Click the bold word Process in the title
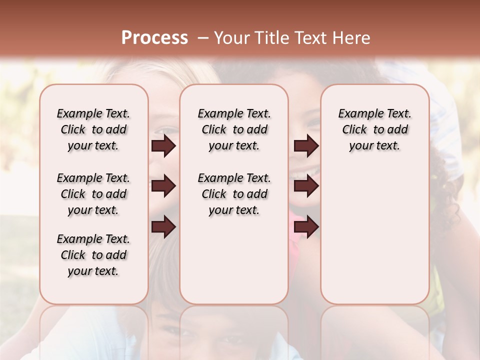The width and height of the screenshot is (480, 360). [x=154, y=38]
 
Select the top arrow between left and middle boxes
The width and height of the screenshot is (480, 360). [x=163, y=146]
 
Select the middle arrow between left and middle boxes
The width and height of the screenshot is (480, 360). [x=163, y=186]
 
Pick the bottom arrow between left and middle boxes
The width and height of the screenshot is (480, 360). [x=163, y=227]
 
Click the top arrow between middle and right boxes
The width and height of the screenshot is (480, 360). [x=306, y=146]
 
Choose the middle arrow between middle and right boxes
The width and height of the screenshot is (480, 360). [x=306, y=186]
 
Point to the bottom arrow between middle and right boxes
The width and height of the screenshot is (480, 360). [x=306, y=227]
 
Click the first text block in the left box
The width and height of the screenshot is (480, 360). [x=93, y=129]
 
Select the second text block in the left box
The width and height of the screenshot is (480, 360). [x=93, y=194]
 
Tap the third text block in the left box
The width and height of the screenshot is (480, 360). [x=93, y=255]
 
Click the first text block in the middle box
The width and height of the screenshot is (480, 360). [x=234, y=129]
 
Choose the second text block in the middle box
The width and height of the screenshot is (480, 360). [x=234, y=194]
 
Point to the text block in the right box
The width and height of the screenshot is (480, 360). [x=375, y=129]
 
